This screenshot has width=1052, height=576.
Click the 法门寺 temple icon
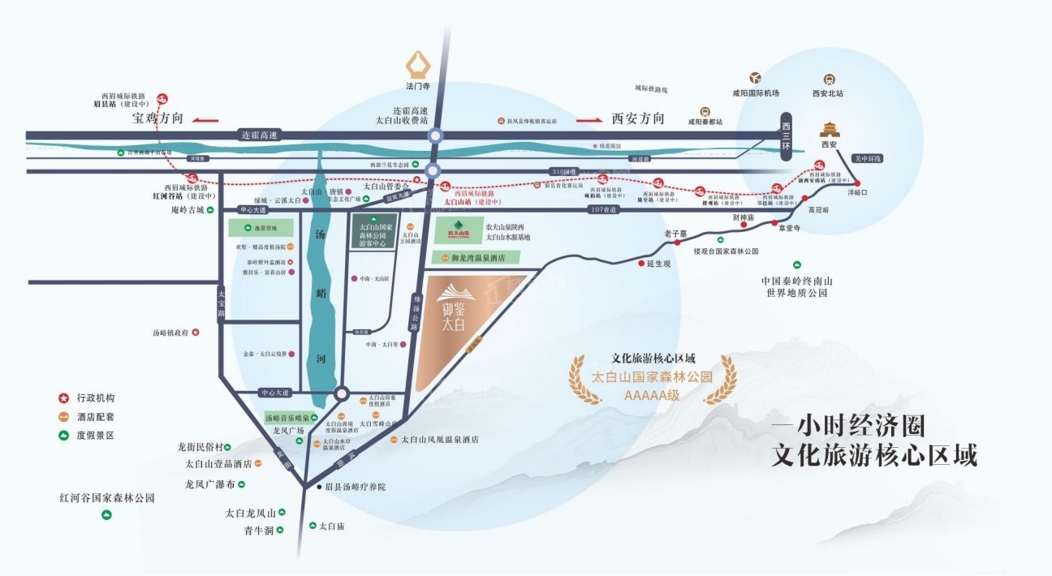tap(420, 62)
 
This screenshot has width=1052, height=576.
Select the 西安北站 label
tap(828, 94)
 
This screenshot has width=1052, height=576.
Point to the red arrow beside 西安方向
tap(590, 119)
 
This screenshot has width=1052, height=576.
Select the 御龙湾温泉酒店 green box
tap(479, 257)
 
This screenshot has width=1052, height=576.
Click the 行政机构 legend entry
tap(95, 398)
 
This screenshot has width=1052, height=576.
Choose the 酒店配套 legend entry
tap(95, 417)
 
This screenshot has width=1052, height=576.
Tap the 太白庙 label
tap(332, 527)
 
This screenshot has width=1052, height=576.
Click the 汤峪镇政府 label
tap(170, 333)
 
